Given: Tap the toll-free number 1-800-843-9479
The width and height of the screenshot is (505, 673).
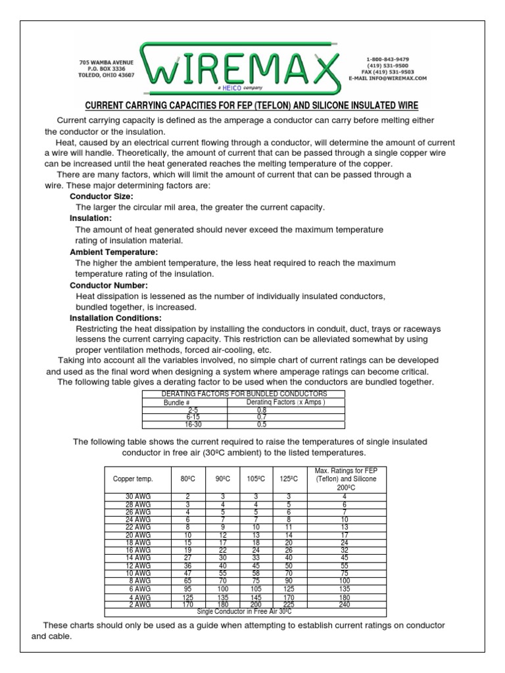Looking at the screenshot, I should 387,59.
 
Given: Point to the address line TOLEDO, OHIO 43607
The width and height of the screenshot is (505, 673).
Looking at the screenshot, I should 107,75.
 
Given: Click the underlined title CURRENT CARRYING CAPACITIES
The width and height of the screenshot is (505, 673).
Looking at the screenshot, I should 252,106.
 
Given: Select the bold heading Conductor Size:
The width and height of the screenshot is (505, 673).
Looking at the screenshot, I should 101,197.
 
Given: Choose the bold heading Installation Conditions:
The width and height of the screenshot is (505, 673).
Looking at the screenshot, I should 115,318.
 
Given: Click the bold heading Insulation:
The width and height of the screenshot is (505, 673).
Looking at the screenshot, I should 91,218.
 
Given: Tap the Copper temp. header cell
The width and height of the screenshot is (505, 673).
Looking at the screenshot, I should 128,479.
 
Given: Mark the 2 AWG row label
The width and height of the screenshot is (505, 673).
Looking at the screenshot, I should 137,604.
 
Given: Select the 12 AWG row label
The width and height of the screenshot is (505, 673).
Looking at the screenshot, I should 137,566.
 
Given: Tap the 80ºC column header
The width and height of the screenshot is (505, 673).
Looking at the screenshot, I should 188,479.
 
